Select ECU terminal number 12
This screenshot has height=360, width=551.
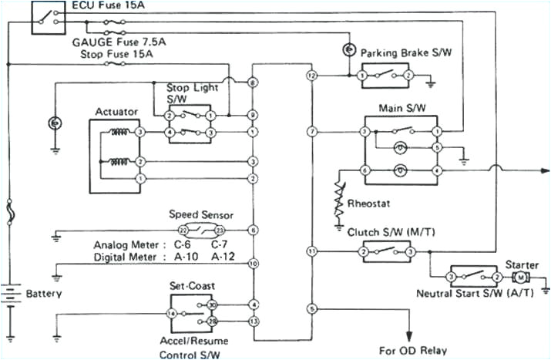pyautogui.click(x=311, y=76)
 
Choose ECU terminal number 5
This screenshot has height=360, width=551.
pyautogui.click(x=311, y=309)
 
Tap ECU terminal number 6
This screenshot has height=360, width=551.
pyautogui.click(x=253, y=230)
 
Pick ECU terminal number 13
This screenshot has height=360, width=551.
pyautogui.click(x=253, y=321)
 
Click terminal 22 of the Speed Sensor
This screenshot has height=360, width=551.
pyautogui.click(x=183, y=230)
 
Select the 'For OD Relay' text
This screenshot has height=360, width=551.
pyautogui.click(x=412, y=349)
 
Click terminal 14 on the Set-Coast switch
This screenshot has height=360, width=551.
pyautogui.click(x=170, y=314)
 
